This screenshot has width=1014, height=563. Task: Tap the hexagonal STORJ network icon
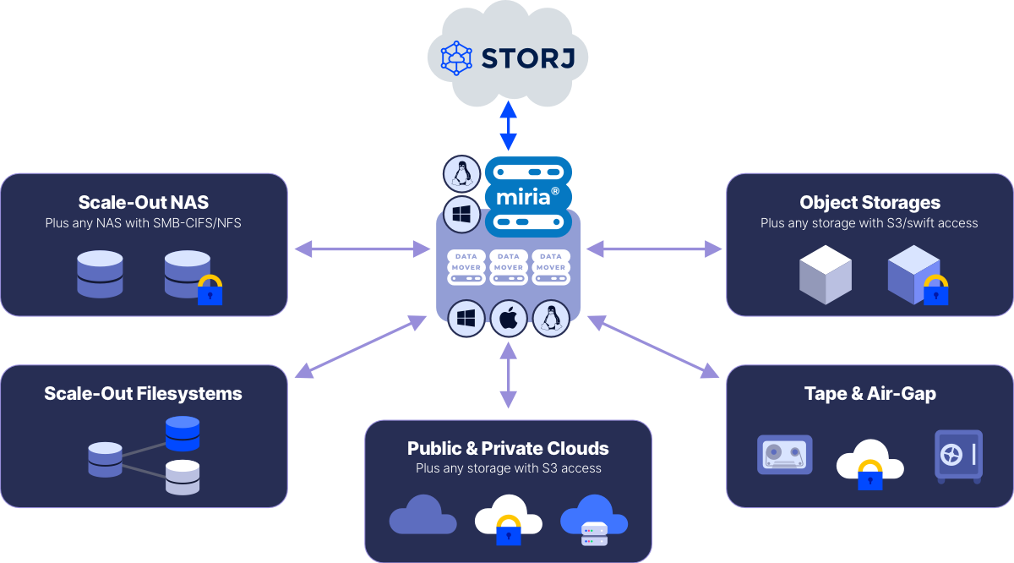[457, 58]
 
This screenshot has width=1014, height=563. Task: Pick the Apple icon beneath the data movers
[508, 319]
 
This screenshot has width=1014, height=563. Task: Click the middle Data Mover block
[508, 261]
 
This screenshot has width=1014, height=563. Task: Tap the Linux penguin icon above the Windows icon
[461, 174]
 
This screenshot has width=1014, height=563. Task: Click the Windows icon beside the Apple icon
[466, 319]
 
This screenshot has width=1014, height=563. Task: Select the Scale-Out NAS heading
[143, 202]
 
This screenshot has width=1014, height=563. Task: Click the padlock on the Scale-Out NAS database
[210, 290]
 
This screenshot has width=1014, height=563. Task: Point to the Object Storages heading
[870, 202]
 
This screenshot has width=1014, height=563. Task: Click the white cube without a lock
[825, 276]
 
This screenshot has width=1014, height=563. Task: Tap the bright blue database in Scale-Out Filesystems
[183, 433]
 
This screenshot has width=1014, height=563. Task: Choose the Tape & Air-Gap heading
[870, 394]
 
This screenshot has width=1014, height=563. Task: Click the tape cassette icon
[784, 455]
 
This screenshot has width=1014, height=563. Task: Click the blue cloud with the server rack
[594, 520]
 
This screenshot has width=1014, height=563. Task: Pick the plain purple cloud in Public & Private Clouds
[422, 515]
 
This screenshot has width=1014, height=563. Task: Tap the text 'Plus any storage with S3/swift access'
[870, 223]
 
